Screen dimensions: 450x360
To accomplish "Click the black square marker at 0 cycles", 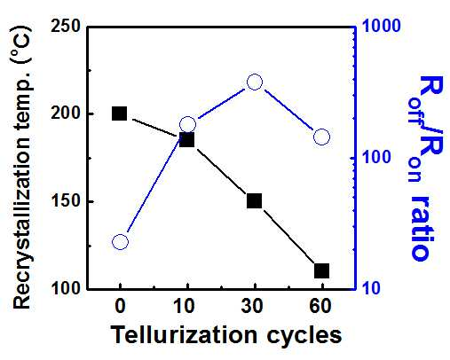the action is (120, 113).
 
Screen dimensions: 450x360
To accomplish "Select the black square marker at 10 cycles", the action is (187, 139).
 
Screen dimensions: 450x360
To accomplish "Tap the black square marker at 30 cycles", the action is (254, 201).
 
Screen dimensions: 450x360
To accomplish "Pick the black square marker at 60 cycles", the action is (321, 271).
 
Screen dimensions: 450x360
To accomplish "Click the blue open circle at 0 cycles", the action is (120, 242).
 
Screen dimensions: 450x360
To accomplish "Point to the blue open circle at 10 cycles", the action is (187, 124).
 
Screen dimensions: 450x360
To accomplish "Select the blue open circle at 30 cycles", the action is (255, 82).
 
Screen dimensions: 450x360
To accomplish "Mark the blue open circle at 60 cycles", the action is (321, 137).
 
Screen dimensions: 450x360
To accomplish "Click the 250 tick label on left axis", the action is (66, 27).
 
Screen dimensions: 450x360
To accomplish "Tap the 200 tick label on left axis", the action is (66, 113).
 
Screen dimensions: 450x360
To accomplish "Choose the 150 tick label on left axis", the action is (66, 201).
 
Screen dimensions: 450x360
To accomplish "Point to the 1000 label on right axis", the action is (381, 26).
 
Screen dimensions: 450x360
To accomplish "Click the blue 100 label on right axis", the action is (376, 157).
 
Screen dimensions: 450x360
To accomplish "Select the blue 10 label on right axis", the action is (371, 288).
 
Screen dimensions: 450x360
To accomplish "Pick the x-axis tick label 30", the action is (252, 306).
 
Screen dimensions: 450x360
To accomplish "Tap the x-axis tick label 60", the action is (320, 306).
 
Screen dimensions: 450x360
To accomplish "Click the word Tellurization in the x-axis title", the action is (185, 335).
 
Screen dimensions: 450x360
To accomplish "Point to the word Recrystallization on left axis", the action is (21, 215).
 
